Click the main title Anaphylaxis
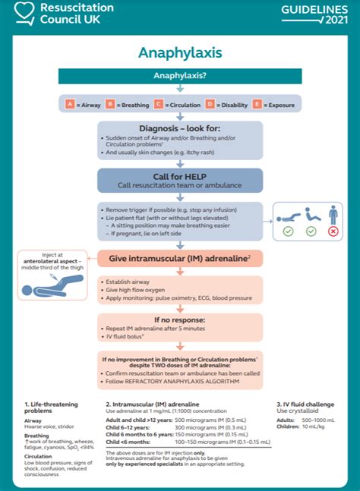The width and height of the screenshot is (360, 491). click(180, 52)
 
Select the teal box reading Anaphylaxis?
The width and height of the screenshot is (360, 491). click(180, 76)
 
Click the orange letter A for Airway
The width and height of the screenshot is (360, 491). click(70, 104)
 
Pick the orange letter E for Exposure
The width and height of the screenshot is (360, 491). click(257, 104)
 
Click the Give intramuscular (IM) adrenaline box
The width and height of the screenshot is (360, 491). click(180, 259)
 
